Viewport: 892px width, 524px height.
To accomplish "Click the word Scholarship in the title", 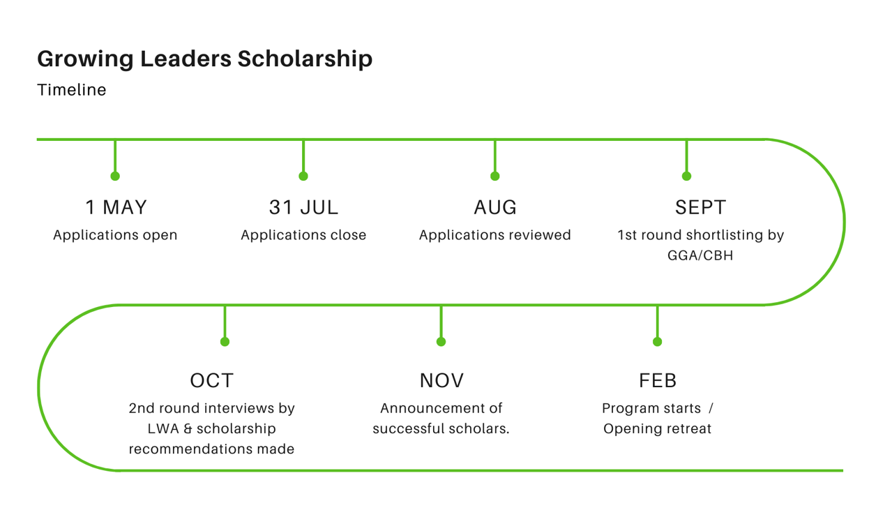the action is coord(305,59).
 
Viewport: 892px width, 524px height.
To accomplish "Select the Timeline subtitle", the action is coord(72,89).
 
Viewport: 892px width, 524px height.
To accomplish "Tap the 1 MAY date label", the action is coord(116,207).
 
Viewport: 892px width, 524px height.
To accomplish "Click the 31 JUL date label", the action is coord(303,207).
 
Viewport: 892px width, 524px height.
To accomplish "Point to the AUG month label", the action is coord(495,207).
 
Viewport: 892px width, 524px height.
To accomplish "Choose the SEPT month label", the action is coord(700,207).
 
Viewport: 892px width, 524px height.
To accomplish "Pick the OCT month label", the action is coord(211,380).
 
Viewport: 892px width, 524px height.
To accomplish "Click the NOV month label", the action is coord(441,380).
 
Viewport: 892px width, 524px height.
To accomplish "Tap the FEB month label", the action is coord(658,380).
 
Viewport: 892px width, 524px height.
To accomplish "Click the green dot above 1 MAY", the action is coord(115,176).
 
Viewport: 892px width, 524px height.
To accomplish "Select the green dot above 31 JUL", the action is coord(303,176).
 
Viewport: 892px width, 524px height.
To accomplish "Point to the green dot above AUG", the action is coord(495,176).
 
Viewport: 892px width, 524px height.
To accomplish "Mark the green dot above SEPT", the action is coord(686,176).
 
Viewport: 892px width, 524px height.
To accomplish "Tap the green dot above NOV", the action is coord(441,342).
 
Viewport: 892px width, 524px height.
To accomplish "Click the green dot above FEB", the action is coord(658,342).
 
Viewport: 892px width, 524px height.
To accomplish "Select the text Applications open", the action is coord(115,236).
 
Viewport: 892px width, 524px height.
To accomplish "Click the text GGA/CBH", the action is coord(700,255).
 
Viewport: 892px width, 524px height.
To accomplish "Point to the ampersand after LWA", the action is coord(188,429).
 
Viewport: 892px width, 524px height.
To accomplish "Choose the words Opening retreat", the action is coord(657,429).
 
